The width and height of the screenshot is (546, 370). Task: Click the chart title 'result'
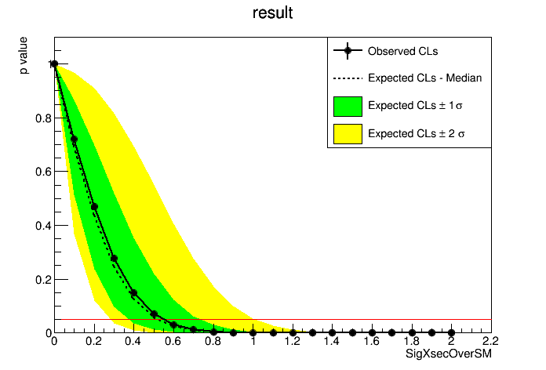click(273, 13)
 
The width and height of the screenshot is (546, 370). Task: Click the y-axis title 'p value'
click(24, 59)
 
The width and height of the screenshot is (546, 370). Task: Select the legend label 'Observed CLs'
click(402, 52)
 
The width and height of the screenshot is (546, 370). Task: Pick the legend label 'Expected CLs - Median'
click(424, 78)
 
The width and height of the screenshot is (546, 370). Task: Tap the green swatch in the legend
click(348, 105)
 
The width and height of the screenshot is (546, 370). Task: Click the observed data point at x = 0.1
click(75, 140)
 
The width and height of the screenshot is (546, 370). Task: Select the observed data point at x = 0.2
click(94, 207)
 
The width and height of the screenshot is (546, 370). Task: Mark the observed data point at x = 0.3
click(114, 258)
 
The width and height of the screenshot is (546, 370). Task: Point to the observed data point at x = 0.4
click(134, 293)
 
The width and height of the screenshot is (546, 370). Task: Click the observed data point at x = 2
click(451, 332)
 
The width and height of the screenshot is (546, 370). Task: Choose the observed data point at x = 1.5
click(352, 332)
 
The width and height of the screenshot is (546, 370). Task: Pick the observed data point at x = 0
click(54, 64)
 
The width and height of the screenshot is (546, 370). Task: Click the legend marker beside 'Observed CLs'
click(348, 52)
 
